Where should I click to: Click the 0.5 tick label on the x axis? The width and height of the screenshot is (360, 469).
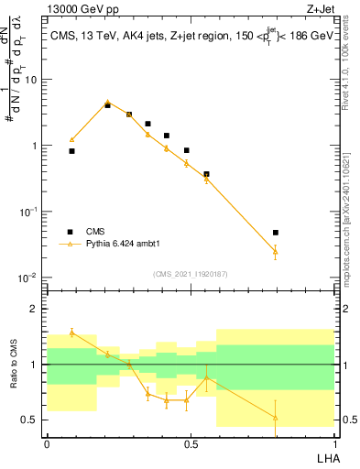(190, 442)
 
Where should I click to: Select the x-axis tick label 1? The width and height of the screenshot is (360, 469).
(333, 442)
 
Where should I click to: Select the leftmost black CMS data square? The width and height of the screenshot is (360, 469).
(71, 151)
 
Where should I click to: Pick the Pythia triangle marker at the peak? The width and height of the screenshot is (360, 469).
(107, 102)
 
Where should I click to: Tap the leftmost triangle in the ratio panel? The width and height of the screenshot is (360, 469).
(71, 332)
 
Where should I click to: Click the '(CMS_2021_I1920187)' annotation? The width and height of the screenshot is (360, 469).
(191, 273)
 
